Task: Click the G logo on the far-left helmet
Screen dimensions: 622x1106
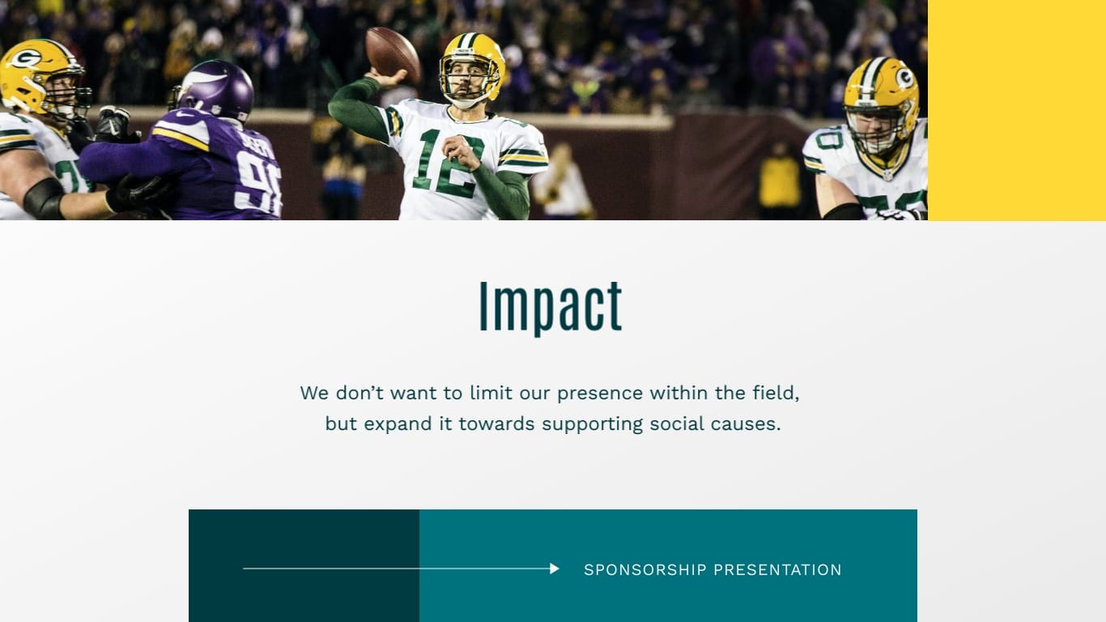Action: [25, 58]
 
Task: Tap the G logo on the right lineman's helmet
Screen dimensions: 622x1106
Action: [904, 78]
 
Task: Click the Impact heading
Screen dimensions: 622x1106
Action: [551, 307]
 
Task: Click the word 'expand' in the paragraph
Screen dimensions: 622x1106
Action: [398, 424]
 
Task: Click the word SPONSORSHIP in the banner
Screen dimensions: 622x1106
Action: [645, 570]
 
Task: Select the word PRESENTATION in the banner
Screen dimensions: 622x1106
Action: [777, 570]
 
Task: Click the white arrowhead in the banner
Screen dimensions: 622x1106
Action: [555, 569]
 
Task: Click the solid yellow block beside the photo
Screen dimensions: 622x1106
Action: [1017, 110]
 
